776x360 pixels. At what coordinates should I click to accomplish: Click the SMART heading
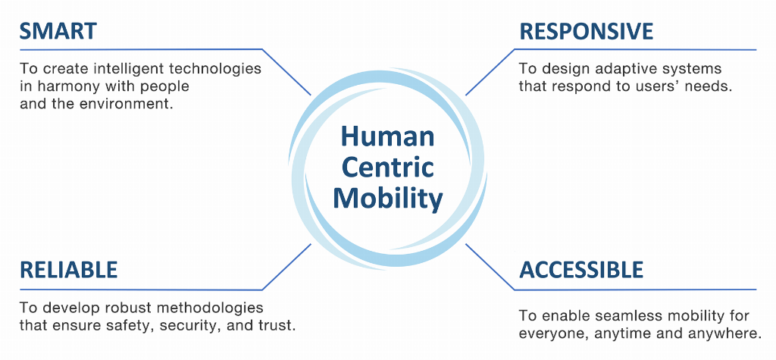coord(58,31)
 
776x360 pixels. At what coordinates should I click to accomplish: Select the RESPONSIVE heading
coord(585,31)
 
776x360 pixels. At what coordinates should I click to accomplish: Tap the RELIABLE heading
coord(68,270)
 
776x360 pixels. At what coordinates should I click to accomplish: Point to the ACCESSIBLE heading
coord(581,270)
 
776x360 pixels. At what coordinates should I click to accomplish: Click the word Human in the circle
coord(387,137)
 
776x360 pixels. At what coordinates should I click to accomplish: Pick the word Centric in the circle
coord(387,167)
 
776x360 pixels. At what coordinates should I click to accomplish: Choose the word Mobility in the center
coord(387,198)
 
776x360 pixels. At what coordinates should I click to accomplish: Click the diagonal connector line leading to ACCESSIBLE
coord(489,266)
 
